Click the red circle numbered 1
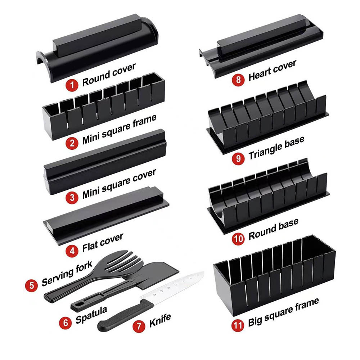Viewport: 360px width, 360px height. tap(72, 85)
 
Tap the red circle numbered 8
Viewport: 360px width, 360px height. tap(238, 80)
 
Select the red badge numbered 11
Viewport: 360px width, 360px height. tap(238, 325)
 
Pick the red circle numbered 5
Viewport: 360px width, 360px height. tap(31, 285)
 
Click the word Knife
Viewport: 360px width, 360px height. tap(160, 320)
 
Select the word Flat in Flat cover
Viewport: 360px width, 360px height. tap(90, 247)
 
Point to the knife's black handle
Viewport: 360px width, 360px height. tap(125, 315)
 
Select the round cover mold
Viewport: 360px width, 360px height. tap(98, 48)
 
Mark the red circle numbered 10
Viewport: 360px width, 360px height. tap(238, 239)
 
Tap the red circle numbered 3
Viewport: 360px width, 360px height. tap(72, 197)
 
